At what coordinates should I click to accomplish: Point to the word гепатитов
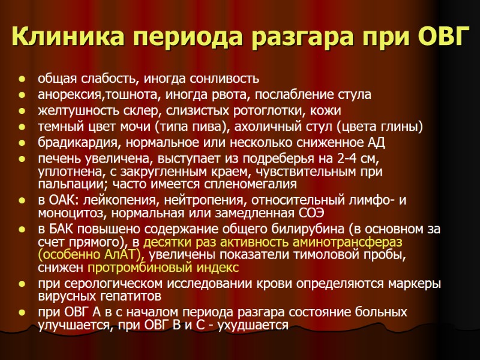click(x=127, y=296)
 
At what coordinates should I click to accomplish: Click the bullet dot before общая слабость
click(x=22, y=79)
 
